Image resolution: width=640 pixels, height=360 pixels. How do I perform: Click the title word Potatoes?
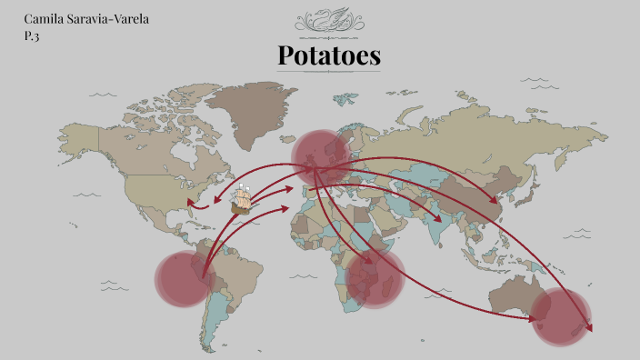point(329,56)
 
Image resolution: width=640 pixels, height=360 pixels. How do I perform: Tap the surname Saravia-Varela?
point(110,19)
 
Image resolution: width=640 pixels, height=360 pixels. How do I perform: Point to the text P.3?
point(33,36)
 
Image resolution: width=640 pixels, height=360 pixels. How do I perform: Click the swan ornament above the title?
point(328,18)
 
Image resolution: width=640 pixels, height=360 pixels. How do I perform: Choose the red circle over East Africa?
point(374,276)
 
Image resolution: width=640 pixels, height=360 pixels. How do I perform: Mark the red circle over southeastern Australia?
point(559,316)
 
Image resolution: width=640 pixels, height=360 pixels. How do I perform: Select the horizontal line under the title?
point(328,75)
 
